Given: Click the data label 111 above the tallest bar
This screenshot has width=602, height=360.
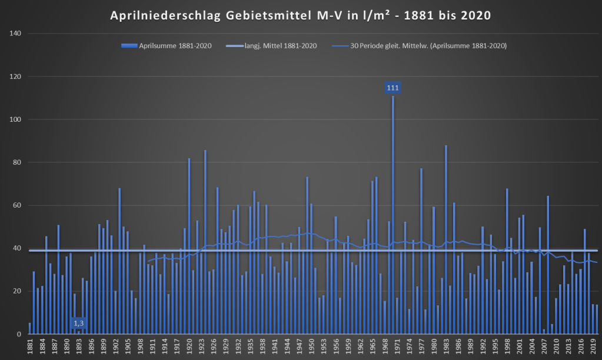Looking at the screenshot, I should (393, 88).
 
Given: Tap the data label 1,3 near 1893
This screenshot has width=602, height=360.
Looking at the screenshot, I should (78, 323).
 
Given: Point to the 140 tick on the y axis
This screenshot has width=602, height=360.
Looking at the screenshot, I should (16, 34).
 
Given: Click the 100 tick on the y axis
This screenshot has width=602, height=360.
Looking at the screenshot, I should (16, 119).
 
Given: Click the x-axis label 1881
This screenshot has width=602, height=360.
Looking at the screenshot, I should (29, 345).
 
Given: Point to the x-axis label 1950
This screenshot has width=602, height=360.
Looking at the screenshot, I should (311, 345).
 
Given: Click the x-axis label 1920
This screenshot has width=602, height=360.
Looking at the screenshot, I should (189, 345).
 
